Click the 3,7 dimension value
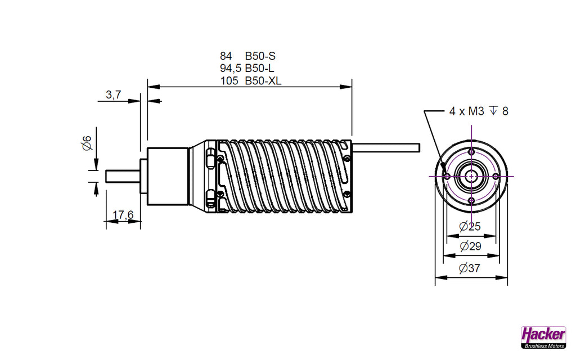coord(113,95)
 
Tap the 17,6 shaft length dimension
coord(123,214)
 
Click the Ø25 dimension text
coord(470,227)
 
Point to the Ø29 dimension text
coord(470,246)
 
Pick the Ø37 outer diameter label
coord(470,268)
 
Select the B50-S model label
coord(260,56)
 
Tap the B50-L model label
coord(259,68)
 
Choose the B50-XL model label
coord(263,80)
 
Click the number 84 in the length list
coord(226,56)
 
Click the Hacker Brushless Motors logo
coord(543,337)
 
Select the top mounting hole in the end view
coord(471,152)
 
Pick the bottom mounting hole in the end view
coord(471,200)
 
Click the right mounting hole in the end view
coord(496,175)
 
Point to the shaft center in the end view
coord(471,175)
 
